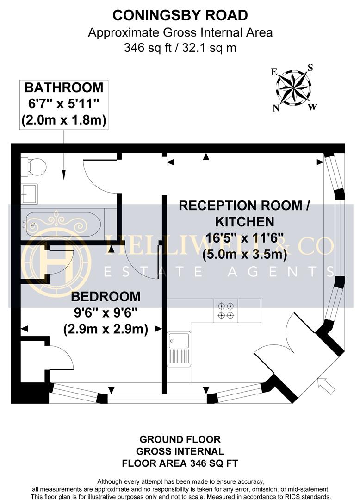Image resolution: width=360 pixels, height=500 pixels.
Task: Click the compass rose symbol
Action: (294, 87)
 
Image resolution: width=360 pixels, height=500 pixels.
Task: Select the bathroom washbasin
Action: (29, 193)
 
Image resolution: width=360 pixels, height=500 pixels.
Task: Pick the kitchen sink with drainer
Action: (179, 350)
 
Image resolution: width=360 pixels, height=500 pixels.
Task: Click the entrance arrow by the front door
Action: (327, 386)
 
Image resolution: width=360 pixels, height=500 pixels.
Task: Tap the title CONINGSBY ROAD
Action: (180, 15)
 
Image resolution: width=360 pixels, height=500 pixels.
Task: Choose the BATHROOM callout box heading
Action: (64, 87)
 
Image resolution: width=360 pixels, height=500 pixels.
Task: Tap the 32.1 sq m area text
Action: (211, 47)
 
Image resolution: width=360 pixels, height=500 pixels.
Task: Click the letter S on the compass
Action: (310, 68)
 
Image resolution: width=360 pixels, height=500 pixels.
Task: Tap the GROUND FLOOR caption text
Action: (180, 439)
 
